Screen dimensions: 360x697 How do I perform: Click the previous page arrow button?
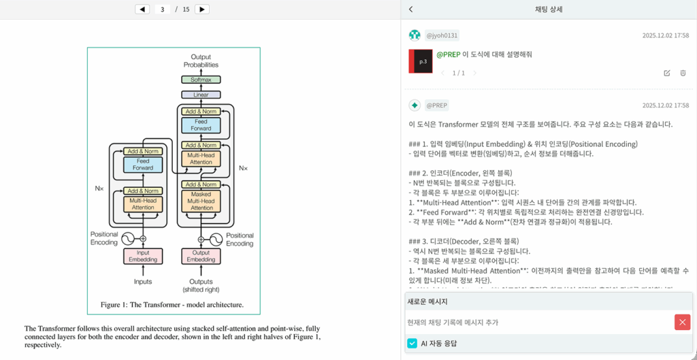coord(142,10)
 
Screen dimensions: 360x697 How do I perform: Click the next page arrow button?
coord(201,10)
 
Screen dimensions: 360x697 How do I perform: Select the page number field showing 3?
coord(162,10)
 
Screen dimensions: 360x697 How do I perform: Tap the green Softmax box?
coord(201,80)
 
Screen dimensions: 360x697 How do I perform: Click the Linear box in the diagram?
coord(201,95)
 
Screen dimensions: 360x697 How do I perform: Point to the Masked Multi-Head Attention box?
coord(201,201)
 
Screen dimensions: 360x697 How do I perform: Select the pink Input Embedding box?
coord(143,256)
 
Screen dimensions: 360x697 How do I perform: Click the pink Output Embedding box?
coord(201,256)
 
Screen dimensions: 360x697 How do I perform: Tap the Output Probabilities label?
coord(201,61)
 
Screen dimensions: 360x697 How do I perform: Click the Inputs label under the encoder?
coord(143,282)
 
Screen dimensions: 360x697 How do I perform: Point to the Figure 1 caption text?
coord(172,305)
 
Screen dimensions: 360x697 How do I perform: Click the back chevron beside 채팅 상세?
coord(411,10)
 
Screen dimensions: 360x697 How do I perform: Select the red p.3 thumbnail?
coord(421,61)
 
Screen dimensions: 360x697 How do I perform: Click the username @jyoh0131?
coord(442,35)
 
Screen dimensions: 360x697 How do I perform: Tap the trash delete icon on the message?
coord(683,73)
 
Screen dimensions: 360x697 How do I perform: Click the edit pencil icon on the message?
coord(667,73)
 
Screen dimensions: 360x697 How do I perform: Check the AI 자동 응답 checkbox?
coord(412,344)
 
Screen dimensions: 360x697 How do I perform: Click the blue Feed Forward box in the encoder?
coord(143,165)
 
